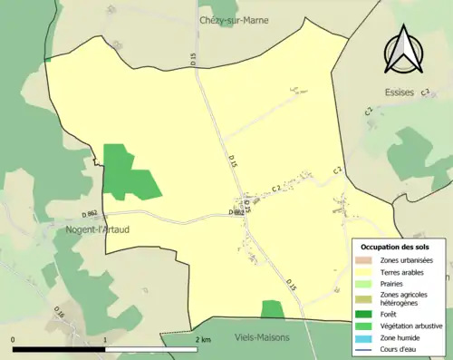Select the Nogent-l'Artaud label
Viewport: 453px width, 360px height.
point(96,230)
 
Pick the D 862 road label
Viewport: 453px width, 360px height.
point(90,213)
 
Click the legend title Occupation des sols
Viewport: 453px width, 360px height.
point(397,247)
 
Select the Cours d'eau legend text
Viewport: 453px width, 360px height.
point(400,347)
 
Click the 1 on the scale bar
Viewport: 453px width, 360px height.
point(105,339)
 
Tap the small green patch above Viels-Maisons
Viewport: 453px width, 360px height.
point(272,309)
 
